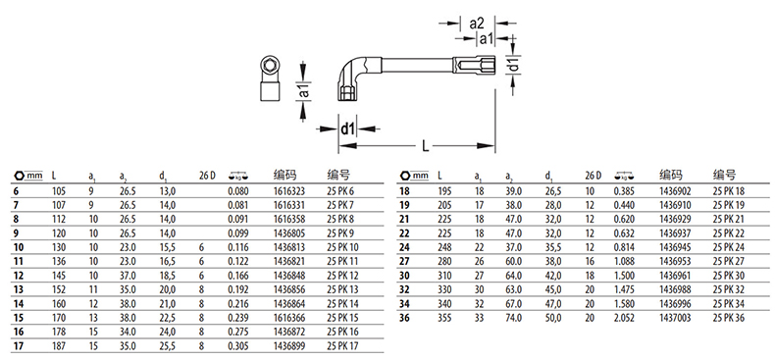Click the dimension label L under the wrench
click(426, 146)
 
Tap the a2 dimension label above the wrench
click(476, 23)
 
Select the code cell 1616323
click(289, 191)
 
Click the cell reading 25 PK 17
click(342, 346)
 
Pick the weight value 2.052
click(623, 318)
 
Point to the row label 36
click(405, 318)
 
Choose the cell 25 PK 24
click(728, 247)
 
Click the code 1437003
click(675, 318)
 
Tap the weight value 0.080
click(238, 191)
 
